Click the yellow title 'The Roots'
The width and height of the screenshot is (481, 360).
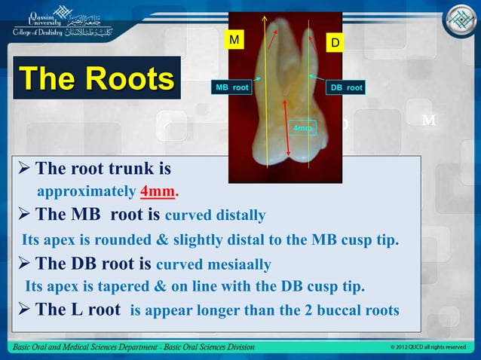click(x=96, y=79)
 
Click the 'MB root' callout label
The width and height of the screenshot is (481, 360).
click(x=232, y=88)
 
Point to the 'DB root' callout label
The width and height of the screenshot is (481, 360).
click(x=346, y=88)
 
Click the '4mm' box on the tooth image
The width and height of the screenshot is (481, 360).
click(x=302, y=128)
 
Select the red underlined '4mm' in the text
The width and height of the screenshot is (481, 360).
click(x=158, y=189)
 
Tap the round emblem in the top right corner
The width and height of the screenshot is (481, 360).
click(x=458, y=21)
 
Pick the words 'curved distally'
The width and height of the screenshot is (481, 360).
click(x=215, y=216)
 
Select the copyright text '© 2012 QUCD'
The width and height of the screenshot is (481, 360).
click(x=412, y=347)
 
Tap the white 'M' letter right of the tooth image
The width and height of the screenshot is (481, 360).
click(x=429, y=121)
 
